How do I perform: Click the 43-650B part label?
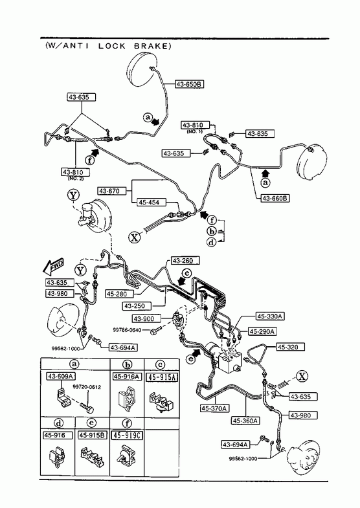190,84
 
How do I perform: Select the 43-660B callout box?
275,197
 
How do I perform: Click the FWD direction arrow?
53,267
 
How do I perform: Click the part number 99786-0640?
127,330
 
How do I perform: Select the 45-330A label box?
270,316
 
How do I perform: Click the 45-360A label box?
246,421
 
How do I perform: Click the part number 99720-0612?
87,387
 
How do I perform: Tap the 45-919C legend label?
128,436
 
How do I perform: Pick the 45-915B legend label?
93,436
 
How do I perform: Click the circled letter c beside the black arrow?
186,274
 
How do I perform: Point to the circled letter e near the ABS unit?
192,359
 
